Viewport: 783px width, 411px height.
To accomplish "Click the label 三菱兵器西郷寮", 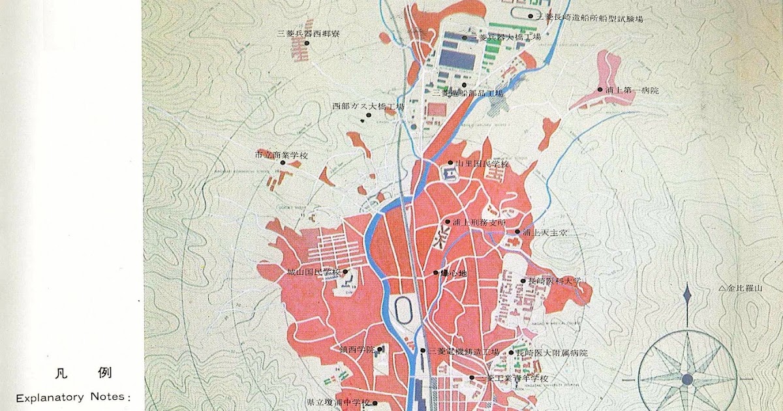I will pos(308,33).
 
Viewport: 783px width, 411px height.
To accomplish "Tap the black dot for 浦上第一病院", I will pos(600,90).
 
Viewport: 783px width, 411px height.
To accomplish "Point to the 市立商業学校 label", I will pos(281,155).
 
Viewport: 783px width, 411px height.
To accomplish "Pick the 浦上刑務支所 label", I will pos(480,222).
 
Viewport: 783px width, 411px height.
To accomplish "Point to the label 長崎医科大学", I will pos(554,281).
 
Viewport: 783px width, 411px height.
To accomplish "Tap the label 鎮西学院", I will pos(357,350).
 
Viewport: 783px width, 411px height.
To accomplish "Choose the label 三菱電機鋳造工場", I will pos(464,352).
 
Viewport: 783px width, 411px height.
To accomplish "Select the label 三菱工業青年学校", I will pos(513,378).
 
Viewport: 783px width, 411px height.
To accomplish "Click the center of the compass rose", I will pos(686,379).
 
